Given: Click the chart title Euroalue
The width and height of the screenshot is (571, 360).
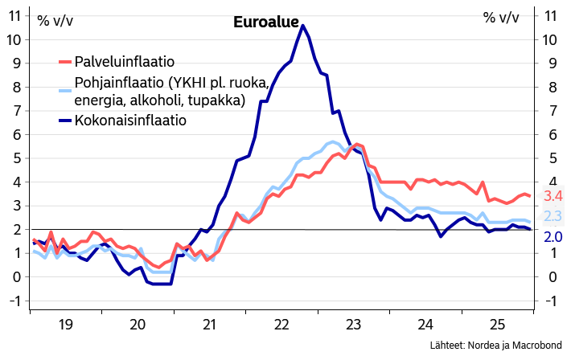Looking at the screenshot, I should tap(265, 22).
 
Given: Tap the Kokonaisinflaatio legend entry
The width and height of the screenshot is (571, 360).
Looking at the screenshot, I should tap(130, 121).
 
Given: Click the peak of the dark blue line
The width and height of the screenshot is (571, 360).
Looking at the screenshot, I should tap(302, 26).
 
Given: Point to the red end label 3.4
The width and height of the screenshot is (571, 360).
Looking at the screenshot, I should tap(553, 196).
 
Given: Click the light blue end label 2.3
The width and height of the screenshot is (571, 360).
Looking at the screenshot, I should tap(553, 216).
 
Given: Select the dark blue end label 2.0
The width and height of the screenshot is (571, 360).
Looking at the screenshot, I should tap(553, 237).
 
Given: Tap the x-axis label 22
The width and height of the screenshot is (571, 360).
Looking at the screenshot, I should tap(282, 325).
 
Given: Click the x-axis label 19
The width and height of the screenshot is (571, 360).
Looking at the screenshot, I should tap(66, 325).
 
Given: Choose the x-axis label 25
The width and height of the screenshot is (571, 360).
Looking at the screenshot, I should tap(499, 325).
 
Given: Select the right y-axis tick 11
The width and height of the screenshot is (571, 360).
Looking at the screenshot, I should tap(551, 16).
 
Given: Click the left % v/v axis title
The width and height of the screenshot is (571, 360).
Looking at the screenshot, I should tap(55, 20).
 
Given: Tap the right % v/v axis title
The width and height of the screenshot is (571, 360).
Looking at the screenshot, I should tap(500, 18).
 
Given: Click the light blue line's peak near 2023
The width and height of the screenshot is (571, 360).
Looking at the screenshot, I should tap(333, 142).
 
